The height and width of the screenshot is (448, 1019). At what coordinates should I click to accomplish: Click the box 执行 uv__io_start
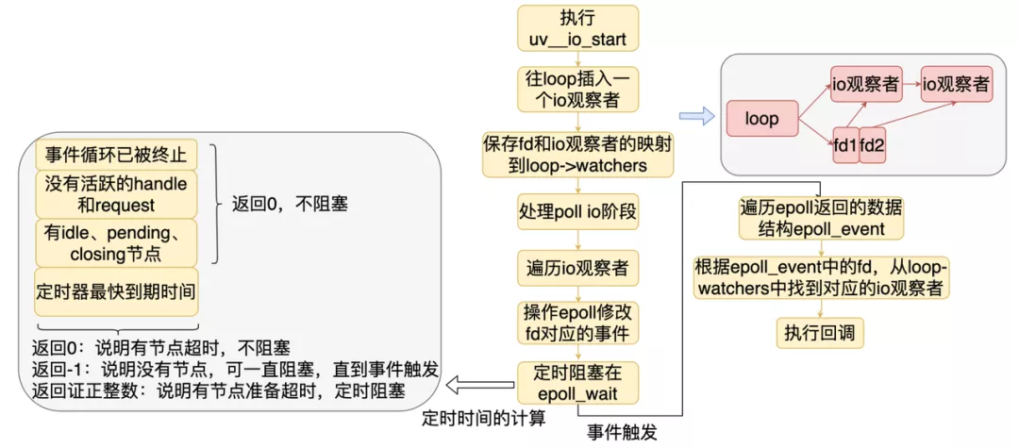pyautogui.click(x=578, y=29)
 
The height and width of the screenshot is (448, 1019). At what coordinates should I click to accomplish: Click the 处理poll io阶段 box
pyautogui.click(x=577, y=209)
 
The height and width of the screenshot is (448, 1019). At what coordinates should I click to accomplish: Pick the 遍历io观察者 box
pyautogui.click(x=577, y=267)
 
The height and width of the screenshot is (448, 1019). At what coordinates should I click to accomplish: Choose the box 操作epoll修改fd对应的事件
pyautogui.click(x=577, y=322)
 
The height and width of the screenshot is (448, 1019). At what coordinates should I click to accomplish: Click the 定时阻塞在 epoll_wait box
pyautogui.click(x=577, y=383)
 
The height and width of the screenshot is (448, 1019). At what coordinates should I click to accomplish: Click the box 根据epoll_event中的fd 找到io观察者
pyautogui.click(x=821, y=276)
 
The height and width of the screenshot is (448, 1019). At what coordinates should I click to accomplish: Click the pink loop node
pyautogui.click(x=761, y=120)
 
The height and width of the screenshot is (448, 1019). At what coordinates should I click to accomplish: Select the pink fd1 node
pyautogui.click(x=845, y=145)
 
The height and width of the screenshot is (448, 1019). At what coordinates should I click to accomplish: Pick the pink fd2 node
pyautogui.click(x=877, y=145)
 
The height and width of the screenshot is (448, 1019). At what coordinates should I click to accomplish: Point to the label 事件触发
pyautogui.click(x=622, y=432)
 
